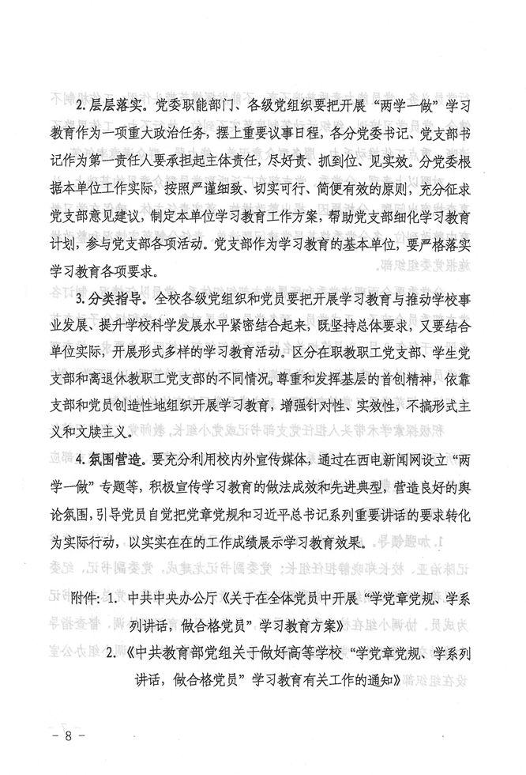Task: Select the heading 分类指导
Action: tap(122, 298)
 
